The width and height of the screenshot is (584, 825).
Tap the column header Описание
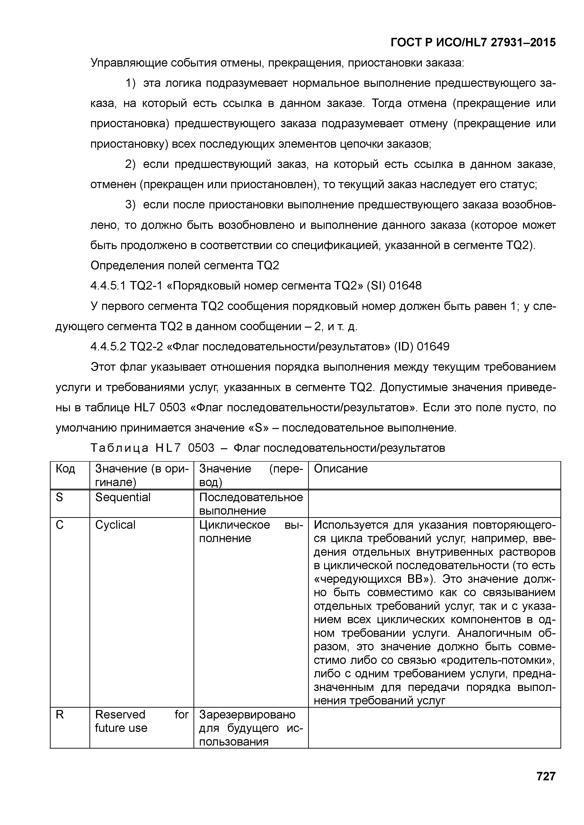click(x=341, y=468)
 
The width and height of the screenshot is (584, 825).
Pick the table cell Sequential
click(x=123, y=497)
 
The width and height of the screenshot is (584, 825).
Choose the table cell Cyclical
click(x=115, y=525)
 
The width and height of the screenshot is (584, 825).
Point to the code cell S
click(x=59, y=497)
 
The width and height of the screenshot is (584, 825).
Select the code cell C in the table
click(x=60, y=525)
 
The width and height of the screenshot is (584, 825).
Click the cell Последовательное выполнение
click(x=251, y=504)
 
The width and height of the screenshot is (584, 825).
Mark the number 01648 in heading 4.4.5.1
click(x=405, y=286)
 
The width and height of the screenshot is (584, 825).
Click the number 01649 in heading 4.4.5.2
click(x=433, y=347)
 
